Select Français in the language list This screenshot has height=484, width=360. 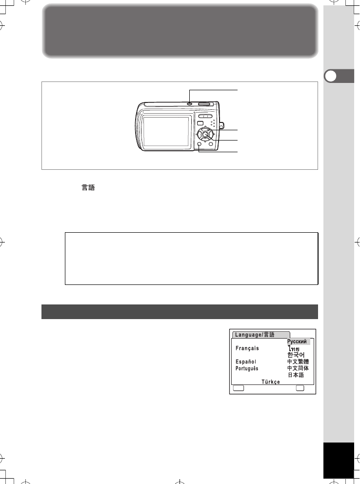point(247,348)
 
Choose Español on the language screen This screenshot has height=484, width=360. point(245,362)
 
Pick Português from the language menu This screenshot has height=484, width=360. point(247,368)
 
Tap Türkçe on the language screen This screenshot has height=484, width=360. point(271,382)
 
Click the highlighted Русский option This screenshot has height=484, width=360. point(297,342)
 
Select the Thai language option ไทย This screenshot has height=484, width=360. point(294,349)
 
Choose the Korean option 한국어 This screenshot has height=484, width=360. point(296,355)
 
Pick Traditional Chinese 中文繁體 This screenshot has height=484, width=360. point(298,362)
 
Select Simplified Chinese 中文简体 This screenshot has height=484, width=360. point(298,368)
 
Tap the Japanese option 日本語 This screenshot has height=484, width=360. point(296,375)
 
